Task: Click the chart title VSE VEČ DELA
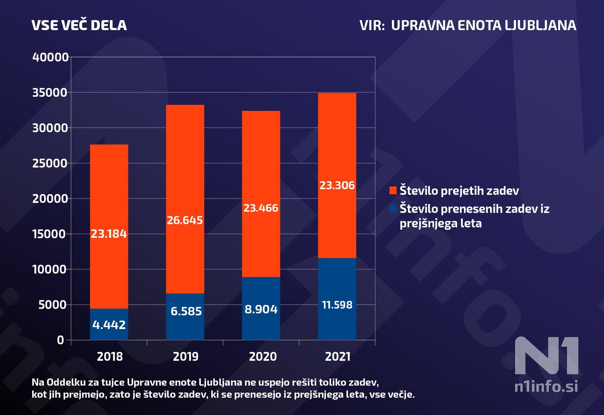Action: coord(79,25)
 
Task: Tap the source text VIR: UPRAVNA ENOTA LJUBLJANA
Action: coord(468,25)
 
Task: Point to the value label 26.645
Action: coord(185,220)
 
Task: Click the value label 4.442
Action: coord(109,325)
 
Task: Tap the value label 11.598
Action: coord(337,305)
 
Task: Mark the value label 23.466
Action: coord(261,208)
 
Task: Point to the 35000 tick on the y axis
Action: coord(50,92)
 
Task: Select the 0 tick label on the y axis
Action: coord(60,340)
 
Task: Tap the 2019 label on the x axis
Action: coord(186,356)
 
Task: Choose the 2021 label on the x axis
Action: coord(338,356)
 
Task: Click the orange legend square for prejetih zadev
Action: coord(393,190)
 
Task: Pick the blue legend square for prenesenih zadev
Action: coord(393,209)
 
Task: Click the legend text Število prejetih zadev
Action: coord(459,190)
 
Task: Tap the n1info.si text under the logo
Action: coord(546,386)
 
